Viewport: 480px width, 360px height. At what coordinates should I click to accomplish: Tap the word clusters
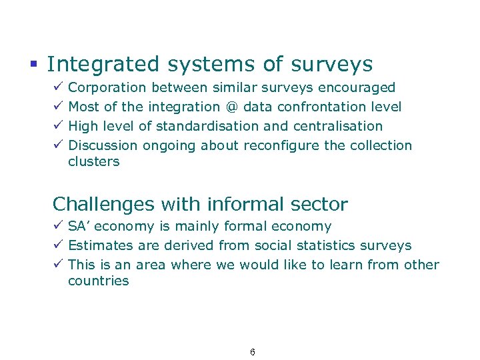click(94, 161)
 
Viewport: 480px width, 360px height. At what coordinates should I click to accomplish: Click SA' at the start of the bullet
click(79, 227)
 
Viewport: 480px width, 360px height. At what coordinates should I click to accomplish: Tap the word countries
click(99, 281)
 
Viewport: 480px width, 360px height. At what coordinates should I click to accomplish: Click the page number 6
click(253, 352)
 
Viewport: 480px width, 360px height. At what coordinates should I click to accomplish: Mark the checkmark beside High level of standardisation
click(58, 126)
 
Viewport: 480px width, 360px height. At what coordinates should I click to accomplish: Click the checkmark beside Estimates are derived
click(58, 246)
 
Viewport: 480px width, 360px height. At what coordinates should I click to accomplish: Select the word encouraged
click(357, 87)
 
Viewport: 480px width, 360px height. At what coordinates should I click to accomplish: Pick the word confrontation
click(325, 107)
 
